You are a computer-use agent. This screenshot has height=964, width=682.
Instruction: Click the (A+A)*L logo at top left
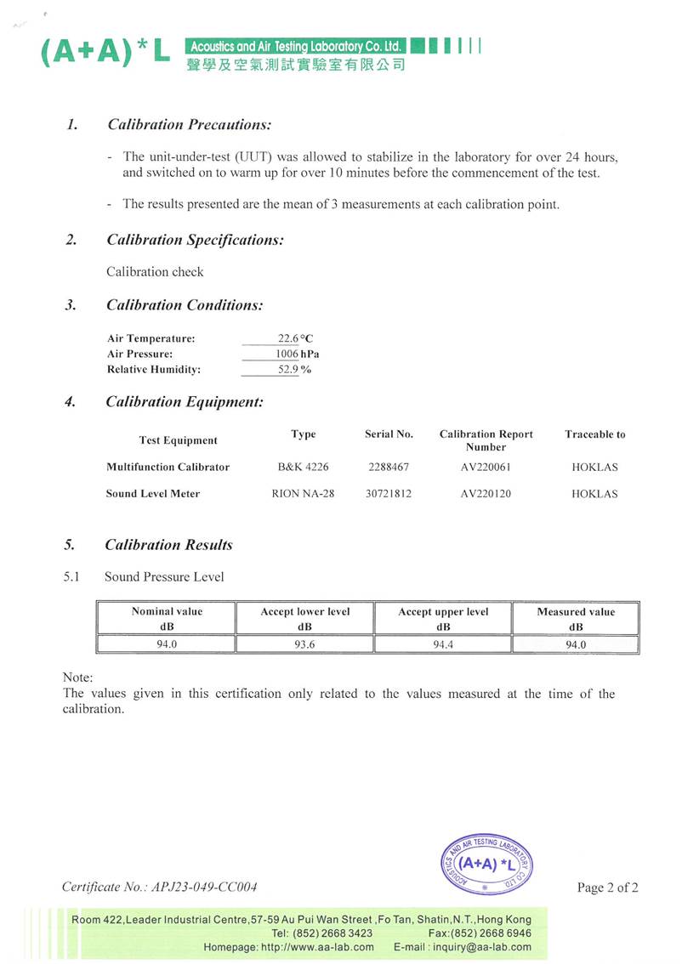tap(105, 54)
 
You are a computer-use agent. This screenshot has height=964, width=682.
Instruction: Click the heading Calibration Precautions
tap(189, 125)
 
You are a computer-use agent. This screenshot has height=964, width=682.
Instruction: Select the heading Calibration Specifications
tap(195, 240)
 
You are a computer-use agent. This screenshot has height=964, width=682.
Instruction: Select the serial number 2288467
tap(389, 467)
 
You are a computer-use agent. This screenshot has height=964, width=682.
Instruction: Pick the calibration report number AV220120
tap(486, 494)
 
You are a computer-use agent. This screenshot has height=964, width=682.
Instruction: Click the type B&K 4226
tap(304, 467)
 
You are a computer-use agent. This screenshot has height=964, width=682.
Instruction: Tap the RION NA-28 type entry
tap(303, 494)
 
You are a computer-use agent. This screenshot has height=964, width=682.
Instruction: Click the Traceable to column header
tap(594, 434)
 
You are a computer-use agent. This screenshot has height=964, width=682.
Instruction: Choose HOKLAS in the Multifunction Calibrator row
tap(594, 467)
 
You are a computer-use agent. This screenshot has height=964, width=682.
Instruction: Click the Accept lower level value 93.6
tap(304, 644)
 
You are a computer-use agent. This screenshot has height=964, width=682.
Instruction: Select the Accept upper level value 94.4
tap(443, 644)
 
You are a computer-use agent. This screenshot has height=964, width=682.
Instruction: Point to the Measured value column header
tap(576, 619)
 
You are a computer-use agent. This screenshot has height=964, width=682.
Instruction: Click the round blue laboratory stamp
tap(484, 862)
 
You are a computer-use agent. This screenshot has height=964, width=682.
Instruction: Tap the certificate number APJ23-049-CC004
tap(203, 887)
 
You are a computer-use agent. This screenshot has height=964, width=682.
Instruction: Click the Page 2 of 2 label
tap(607, 887)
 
